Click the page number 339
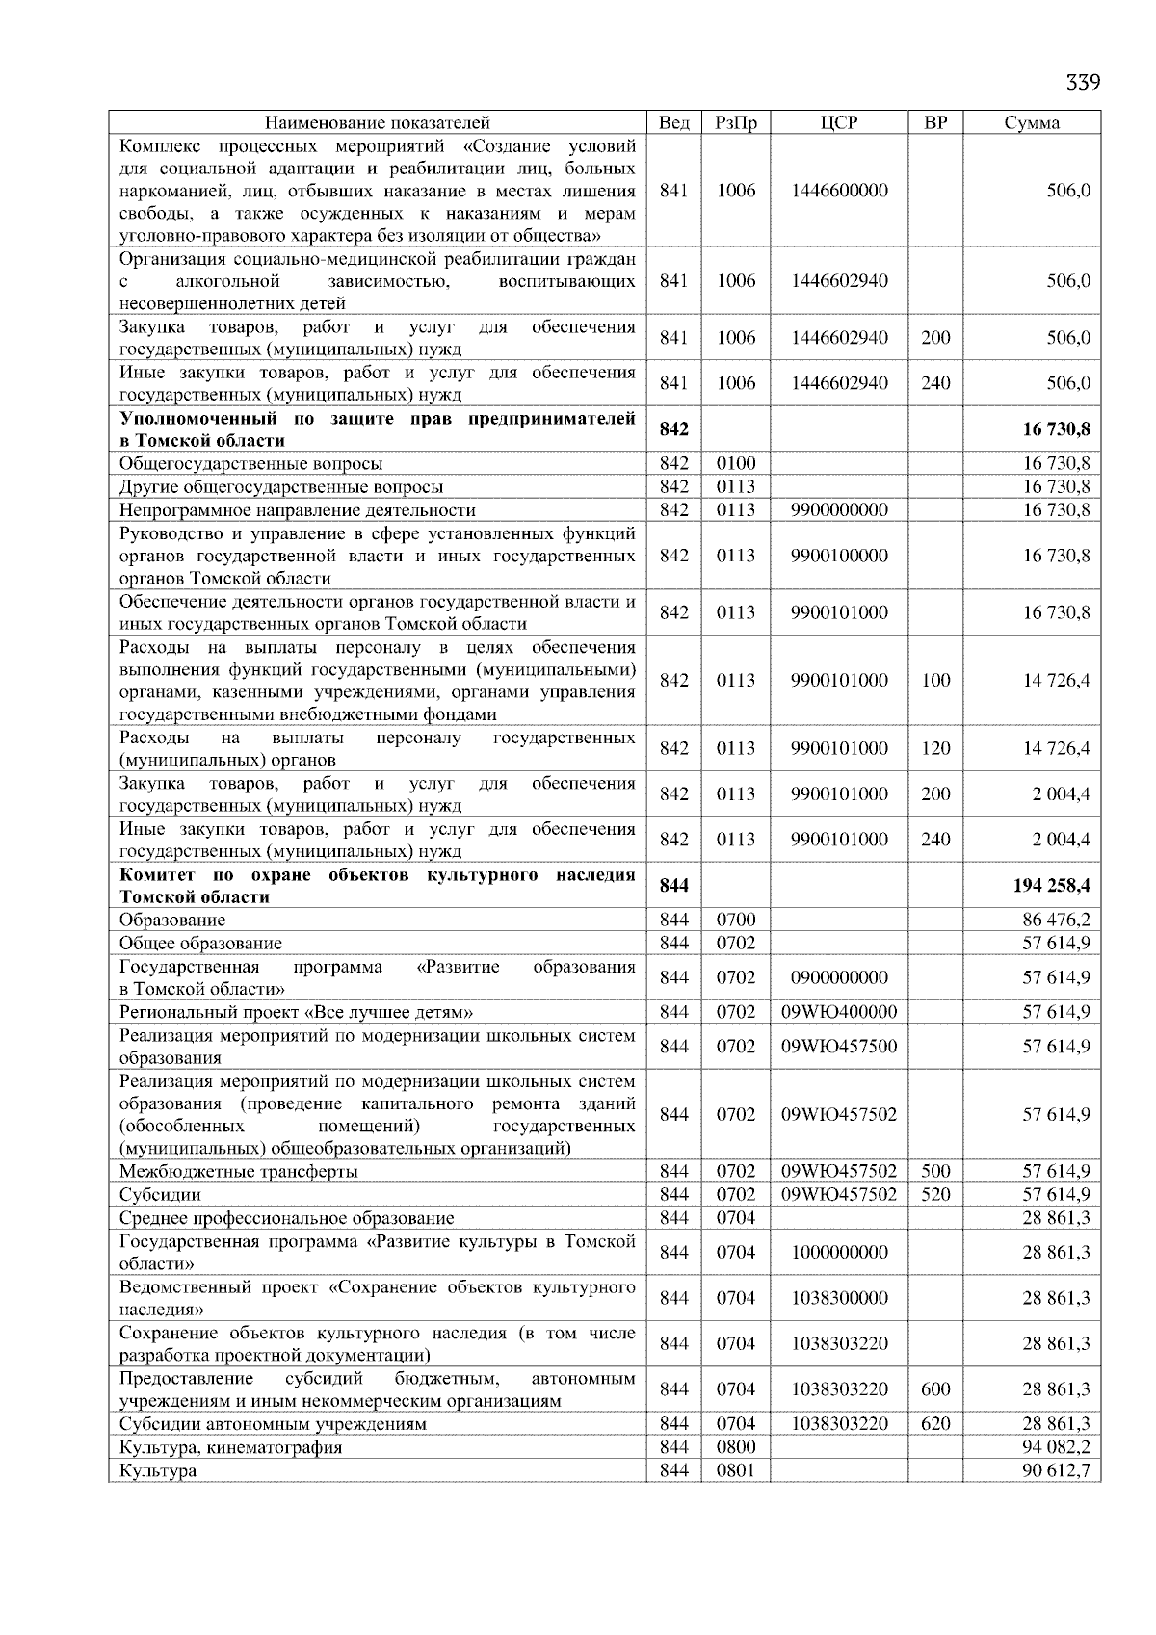click(x=1082, y=82)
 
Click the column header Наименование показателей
click(x=377, y=123)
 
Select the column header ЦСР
click(x=839, y=123)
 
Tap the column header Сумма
click(x=1032, y=123)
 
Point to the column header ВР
click(x=935, y=123)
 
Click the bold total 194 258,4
click(x=1051, y=886)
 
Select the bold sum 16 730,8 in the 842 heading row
click(x=1056, y=429)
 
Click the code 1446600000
click(x=839, y=191)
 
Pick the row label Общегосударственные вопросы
click(x=250, y=464)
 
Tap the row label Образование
click(x=172, y=921)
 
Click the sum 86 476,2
click(x=1056, y=921)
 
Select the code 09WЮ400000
click(x=839, y=1012)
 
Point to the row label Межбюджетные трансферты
click(x=238, y=1172)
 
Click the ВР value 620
click(x=935, y=1424)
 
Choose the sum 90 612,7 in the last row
click(x=1056, y=1471)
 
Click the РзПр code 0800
click(x=736, y=1447)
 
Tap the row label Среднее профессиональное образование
click(x=286, y=1218)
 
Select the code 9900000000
click(x=839, y=510)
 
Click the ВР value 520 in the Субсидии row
click(x=935, y=1195)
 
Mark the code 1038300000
click(x=839, y=1298)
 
